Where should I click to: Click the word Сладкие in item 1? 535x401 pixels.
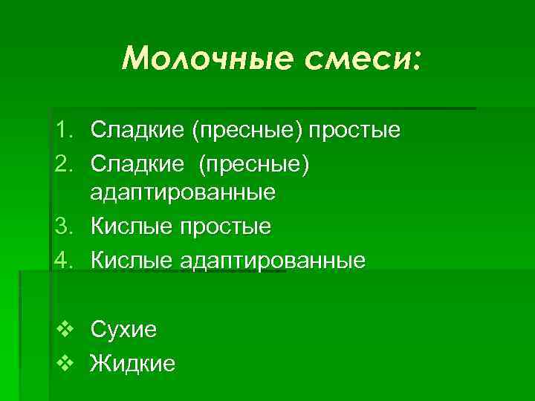(137, 131)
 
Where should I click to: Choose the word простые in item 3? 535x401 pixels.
(225, 226)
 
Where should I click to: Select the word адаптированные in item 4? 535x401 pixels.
(273, 261)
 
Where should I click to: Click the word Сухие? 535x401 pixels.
(123, 329)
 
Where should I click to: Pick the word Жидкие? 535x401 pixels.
(132, 363)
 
